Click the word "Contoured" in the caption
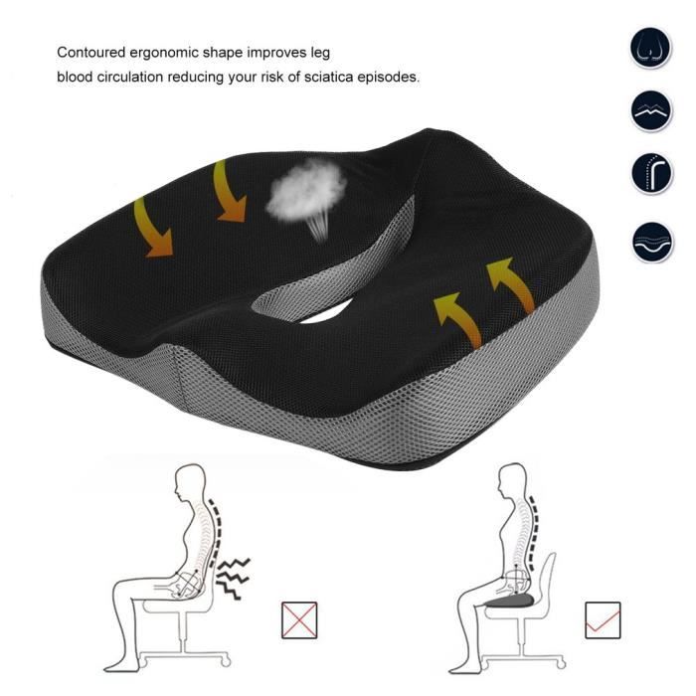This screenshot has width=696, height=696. click(x=91, y=53)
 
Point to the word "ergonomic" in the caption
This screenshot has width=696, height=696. click(x=164, y=54)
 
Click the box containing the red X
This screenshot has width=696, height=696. click(x=299, y=620)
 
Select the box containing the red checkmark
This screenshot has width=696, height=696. click(x=603, y=620)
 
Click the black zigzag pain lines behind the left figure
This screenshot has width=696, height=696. click(x=232, y=578)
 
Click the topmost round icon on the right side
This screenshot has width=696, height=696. click(x=650, y=48)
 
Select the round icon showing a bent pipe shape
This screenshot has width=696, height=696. click(x=651, y=174)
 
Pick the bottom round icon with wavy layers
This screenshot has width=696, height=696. click(x=652, y=242)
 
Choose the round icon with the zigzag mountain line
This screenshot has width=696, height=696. click(x=651, y=111)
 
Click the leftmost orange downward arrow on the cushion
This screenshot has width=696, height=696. click(x=153, y=228)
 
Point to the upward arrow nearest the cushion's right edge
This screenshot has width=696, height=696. click(x=511, y=284)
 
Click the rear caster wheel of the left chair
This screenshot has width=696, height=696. click(x=226, y=662)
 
